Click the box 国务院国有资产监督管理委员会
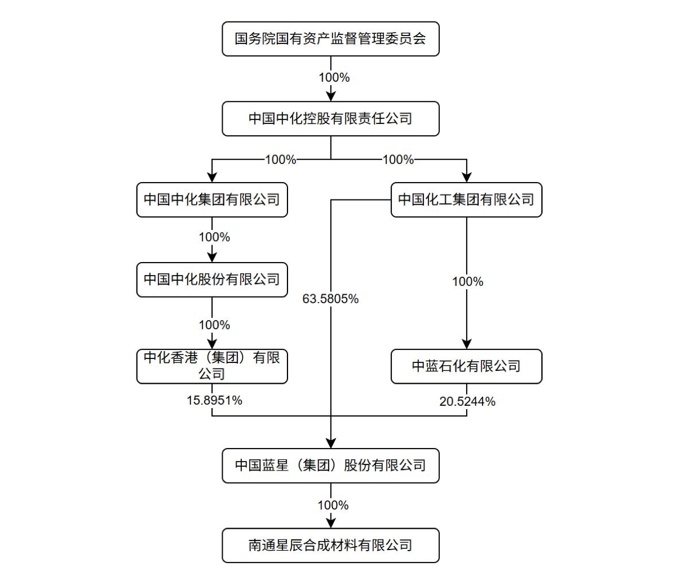330,39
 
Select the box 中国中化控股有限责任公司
330,119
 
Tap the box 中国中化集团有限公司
212,200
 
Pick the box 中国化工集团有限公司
466,200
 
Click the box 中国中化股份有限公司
212,280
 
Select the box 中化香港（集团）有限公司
212,366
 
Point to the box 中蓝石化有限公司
466,366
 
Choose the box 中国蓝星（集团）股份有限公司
330,466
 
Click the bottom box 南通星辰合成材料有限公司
330,546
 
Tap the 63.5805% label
330,299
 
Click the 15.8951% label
214,400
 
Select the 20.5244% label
467,401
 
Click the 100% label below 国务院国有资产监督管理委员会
334,77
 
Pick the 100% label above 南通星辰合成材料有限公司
333,505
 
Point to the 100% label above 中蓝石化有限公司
467,281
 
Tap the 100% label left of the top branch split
280,159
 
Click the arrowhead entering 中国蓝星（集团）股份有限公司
331,443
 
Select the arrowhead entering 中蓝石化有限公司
466,344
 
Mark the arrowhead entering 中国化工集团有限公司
466,178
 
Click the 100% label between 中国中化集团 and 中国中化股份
214,237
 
